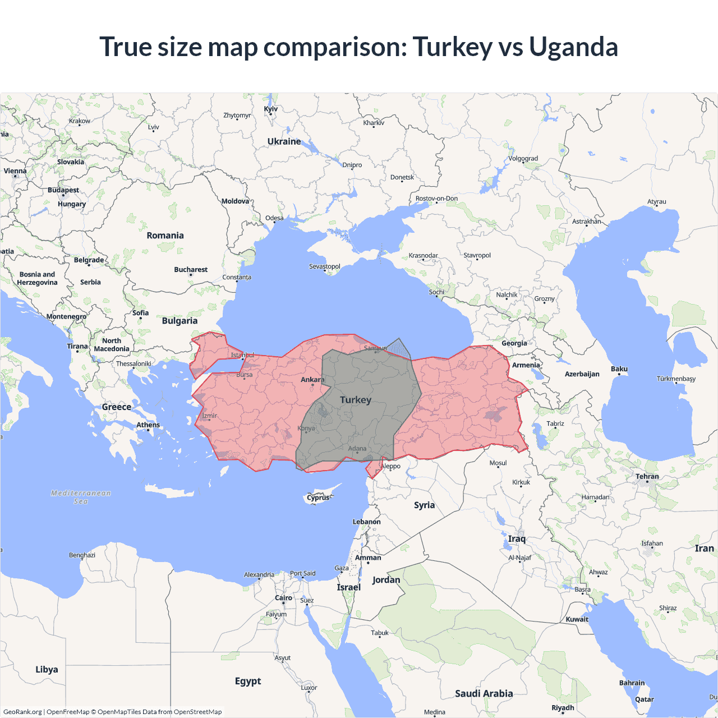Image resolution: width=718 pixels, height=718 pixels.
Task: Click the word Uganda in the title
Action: (573, 47)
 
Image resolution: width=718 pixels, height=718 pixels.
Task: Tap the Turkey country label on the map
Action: (356, 400)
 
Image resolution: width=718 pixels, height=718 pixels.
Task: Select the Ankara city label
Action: (312, 380)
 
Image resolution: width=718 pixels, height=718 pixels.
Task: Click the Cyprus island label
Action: (318, 498)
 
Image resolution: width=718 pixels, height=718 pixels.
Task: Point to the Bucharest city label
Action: (191, 270)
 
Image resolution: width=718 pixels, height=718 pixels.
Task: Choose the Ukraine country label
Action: (284, 141)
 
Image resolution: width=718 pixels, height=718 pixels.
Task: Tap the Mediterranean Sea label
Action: (81, 497)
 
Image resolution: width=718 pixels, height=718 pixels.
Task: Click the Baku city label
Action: (619, 369)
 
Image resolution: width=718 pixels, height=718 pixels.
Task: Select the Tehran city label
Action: (647, 476)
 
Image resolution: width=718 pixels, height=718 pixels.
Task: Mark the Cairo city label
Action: (283, 598)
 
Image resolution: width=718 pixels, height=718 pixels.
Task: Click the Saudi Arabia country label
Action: (484, 693)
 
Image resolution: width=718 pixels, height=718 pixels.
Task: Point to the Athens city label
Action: (148, 425)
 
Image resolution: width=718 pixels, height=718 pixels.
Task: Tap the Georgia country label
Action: (514, 343)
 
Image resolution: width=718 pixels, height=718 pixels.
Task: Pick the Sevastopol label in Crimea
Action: (325, 266)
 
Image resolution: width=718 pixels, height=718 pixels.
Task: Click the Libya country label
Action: (47, 669)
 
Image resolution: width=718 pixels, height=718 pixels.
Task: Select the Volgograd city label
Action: (523, 158)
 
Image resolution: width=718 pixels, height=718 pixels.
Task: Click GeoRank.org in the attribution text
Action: (22, 712)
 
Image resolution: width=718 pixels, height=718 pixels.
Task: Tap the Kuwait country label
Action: (577, 619)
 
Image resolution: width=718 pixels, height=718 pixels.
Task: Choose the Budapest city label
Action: (63, 190)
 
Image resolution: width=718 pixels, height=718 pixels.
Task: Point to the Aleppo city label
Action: (391, 466)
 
